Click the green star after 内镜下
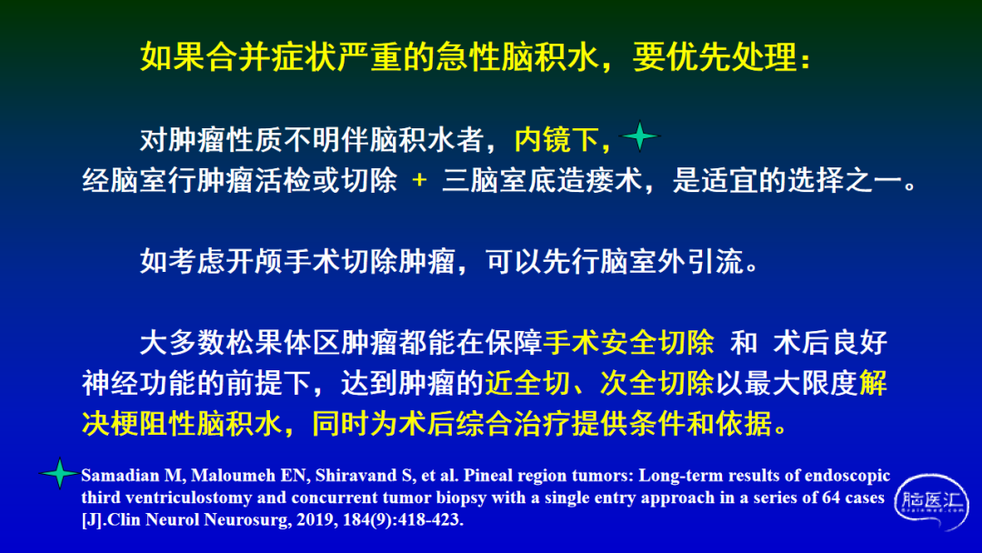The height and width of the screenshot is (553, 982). point(639,136)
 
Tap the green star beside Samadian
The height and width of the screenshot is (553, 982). point(59,474)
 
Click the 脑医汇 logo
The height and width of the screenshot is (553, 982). point(931,502)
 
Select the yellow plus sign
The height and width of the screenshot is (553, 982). point(419,180)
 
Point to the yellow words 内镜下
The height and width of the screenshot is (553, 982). point(556,140)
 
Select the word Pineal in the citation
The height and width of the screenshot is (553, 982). point(487,476)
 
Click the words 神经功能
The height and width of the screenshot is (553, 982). point(140,383)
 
